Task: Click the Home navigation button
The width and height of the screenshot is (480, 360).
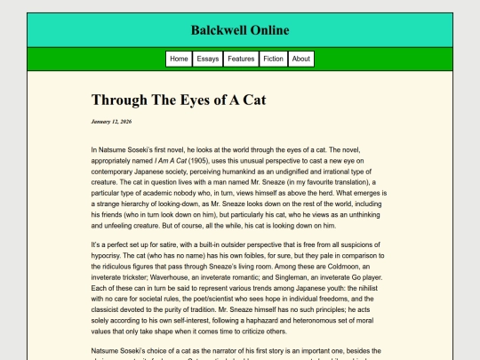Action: coord(179,59)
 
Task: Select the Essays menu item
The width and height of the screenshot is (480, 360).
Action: coord(208,59)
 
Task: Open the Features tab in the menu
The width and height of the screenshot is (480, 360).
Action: coord(241,59)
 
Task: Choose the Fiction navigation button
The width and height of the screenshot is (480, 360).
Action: coord(274,59)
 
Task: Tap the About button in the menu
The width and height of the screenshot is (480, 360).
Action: coord(301,59)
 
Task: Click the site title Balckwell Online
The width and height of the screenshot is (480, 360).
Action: coord(239,30)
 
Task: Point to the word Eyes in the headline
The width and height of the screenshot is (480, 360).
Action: coord(188,100)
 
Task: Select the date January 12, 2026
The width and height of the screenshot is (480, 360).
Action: coord(111,121)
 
